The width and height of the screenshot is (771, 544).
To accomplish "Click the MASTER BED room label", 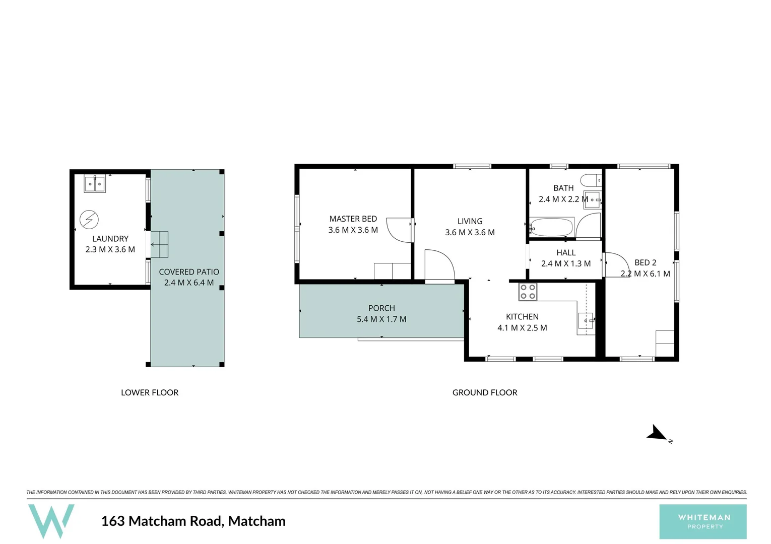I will pos(353,219).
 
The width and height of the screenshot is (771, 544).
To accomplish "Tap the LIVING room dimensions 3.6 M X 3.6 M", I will pos(470,232).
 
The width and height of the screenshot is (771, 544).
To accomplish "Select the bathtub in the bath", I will pos(552,227).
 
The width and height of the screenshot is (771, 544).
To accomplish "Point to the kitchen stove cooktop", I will pos(528,292).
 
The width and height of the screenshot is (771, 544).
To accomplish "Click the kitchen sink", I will pos(586,319).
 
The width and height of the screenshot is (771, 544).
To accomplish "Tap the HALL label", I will pos(566,252).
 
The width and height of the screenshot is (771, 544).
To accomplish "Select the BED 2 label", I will pos(645,262).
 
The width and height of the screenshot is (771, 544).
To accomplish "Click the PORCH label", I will pos(381,308).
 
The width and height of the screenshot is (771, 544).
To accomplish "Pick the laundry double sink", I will pos(94,184).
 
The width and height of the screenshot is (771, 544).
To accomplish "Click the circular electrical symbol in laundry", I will pos(89,220).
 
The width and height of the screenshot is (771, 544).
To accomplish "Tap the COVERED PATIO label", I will pos(189,271).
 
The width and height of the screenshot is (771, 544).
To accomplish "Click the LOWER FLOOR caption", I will pos(150,392).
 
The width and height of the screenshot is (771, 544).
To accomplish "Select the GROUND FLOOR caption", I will pos(485,392).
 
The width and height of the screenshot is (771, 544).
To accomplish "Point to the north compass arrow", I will pos(657,433).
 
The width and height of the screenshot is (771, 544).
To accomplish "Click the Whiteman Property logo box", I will pos(703,521).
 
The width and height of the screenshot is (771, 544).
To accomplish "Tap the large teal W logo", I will pos(51,521).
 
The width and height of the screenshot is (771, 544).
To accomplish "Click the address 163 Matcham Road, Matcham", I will pos(193,521).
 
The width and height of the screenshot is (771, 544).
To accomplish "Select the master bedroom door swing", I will pos(399,230).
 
